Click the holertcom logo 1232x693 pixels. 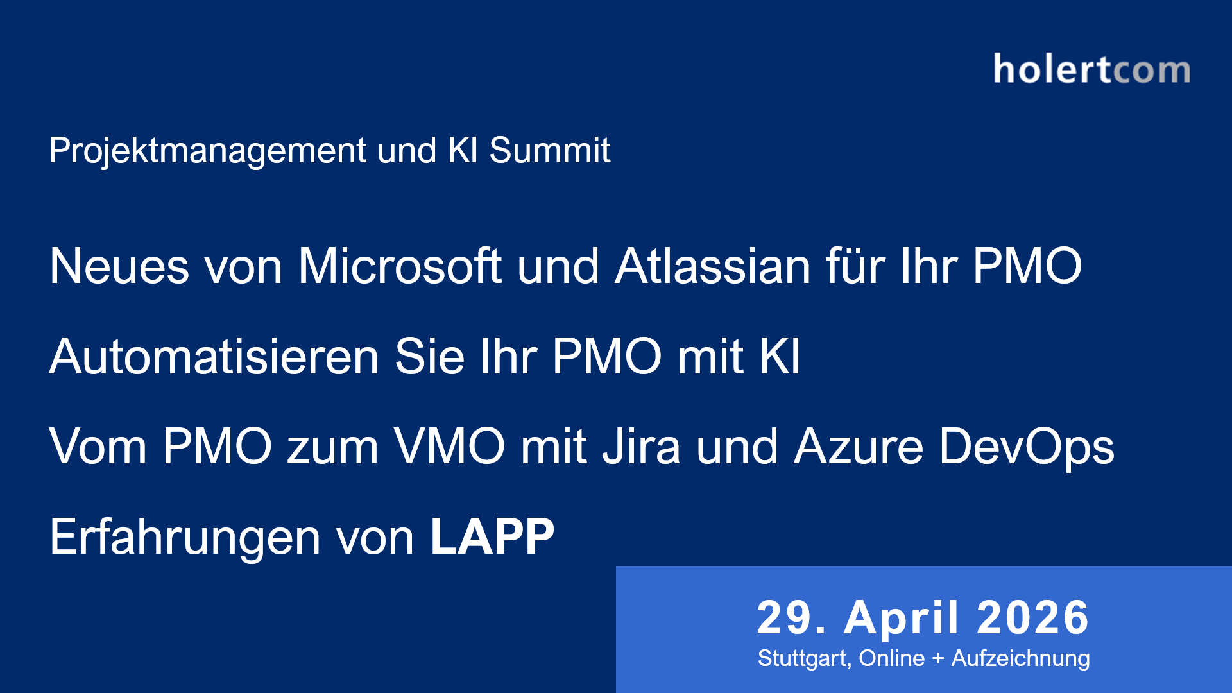(1091, 69)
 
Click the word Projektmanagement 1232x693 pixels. (208, 151)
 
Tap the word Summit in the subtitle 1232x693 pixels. (549, 151)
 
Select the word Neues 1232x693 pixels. (119, 266)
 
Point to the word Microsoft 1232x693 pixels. (399, 266)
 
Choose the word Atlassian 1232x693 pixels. (712, 266)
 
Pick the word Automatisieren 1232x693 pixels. (214, 357)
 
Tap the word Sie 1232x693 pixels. (429, 357)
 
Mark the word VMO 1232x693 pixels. (449, 447)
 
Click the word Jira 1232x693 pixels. (640, 447)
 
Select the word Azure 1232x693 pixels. (859, 447)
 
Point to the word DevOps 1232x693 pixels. (1027, 448)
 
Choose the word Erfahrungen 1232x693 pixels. (185, 538)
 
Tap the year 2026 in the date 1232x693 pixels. (1033, 618)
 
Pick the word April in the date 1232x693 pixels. (902, 618)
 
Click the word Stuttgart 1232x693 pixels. (804, 658)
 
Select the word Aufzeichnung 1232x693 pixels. (1020, 658)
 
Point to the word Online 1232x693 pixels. (891, 658)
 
